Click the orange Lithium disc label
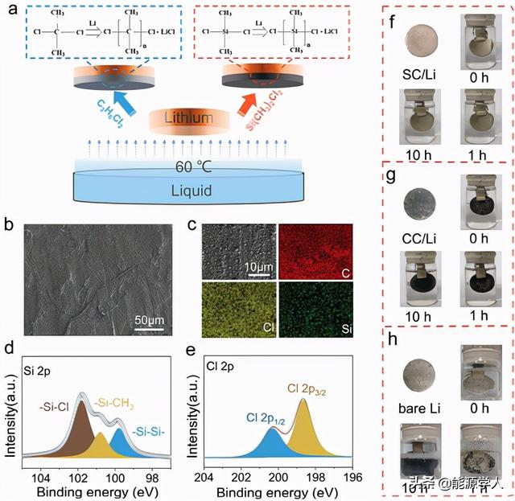(188, 118)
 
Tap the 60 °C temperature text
(189, 168)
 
